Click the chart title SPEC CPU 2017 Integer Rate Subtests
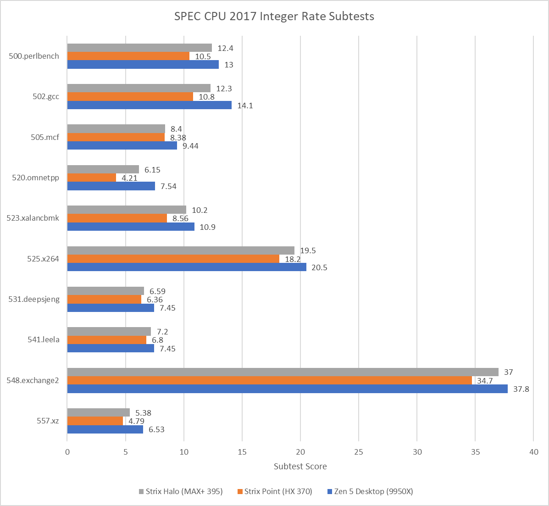click(x=274, y=17)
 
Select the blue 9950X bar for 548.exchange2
click(x=287, y=389)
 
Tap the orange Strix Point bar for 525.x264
click(x=173, y=259)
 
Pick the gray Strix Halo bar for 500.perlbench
click(x=139, y=48)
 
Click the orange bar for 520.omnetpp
click(x=92, y=178)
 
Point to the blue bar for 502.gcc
click(x=149, y=106)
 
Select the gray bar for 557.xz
click(x=99, y=412)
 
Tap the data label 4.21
click(x=130, y=178)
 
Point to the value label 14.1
click(x=245, y=106)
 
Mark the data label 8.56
click(x=180, y=218)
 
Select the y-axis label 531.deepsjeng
click(x=34, y=299)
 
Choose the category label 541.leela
click(x=44, y=340)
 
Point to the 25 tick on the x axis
click(x=359, y=451)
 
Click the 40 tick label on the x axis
click(x=533, y=451)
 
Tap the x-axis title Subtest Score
click(x=300, y=467)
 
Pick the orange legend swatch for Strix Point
click(x=239, y=492)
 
